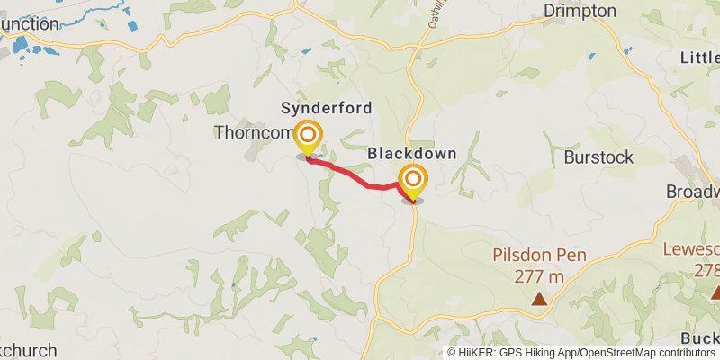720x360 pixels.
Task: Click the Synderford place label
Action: (326, 108)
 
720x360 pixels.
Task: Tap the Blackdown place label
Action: (412, 154)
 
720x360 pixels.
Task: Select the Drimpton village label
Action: (580, 11)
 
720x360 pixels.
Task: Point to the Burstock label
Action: (598, 157)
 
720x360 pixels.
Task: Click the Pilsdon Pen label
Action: (539, 255)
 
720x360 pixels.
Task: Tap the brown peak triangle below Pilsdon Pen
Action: (539, 298)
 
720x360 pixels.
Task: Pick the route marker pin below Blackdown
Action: (413, 182)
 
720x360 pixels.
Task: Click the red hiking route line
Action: (360, 177)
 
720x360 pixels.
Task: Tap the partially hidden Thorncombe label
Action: (254, 133)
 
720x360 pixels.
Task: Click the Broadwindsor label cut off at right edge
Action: (693, 192)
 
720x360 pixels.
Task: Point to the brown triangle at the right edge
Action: (715, 292)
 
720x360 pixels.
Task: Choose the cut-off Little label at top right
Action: (699, 58)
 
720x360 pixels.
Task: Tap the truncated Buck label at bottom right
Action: (699, 338)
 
